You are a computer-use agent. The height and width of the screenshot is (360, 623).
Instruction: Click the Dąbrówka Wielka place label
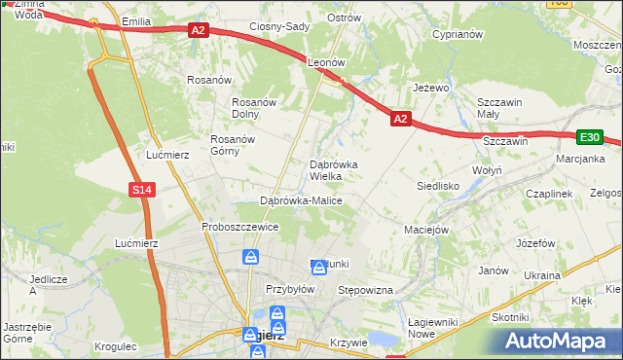pyautogui.click(x=333, y=171)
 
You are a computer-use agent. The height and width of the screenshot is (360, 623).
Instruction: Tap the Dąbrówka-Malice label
pyautogui.click(x=301, y=200)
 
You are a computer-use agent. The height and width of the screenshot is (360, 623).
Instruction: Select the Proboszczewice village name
pyautogui.click(x=240, y=227)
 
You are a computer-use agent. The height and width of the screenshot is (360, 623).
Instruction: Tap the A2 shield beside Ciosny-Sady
pyautogui.click(x=198, y=31)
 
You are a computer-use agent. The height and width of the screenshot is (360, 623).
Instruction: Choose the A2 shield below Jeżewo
pyautogui.click(x=400, y=119)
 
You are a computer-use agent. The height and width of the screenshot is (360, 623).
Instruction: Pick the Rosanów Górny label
pyautogui.click(x=233, y=145)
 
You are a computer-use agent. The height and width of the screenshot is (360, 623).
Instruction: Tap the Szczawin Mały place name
pyautogui.click(x=501, y=108)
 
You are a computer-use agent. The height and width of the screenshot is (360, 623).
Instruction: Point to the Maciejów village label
pyautogui.click(x=425, y=231)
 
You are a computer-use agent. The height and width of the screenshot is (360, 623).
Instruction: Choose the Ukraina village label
pyautogui.click(x=542, y=275)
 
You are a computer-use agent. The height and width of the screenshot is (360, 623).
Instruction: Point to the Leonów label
pyautogui.click(x=327, y=61)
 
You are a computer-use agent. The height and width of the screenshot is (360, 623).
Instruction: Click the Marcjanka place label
pyautogui.click(x=581, y=159)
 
